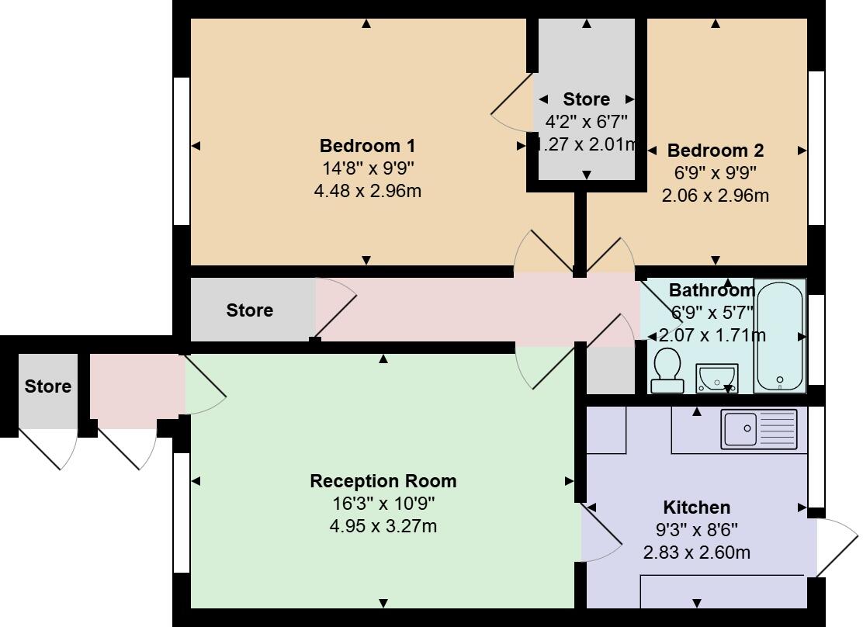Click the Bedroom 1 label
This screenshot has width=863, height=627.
(x=367, y=146)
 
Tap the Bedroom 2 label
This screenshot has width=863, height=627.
(x=715, y=151)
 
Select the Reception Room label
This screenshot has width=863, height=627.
(x=383, y=481)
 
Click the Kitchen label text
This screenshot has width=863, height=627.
(x=696, y=507)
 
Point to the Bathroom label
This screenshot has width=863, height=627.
(x=712, y=290)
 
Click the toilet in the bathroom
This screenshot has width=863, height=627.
(x=667, y=370)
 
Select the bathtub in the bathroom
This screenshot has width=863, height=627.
(x=780, y=335)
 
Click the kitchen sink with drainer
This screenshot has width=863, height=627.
(x=759, y=429)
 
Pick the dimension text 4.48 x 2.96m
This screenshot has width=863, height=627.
(x=367, y=191)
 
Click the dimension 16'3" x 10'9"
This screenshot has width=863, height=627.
(x=383, y=504)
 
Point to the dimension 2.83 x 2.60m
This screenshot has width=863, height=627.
(x=696, y=553)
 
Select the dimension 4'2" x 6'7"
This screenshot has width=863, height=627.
(x=586, y=121)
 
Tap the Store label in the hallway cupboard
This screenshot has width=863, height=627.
(x=249, y=310)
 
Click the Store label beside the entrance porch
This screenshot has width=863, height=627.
(x=47, y=386)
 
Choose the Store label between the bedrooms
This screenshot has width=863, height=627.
(x=586, y=99)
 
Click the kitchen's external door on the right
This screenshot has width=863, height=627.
(x=834, y=547)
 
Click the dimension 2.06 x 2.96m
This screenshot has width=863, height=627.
(x=715, y=196)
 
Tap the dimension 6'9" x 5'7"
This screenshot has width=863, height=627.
(x=712, y=313)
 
